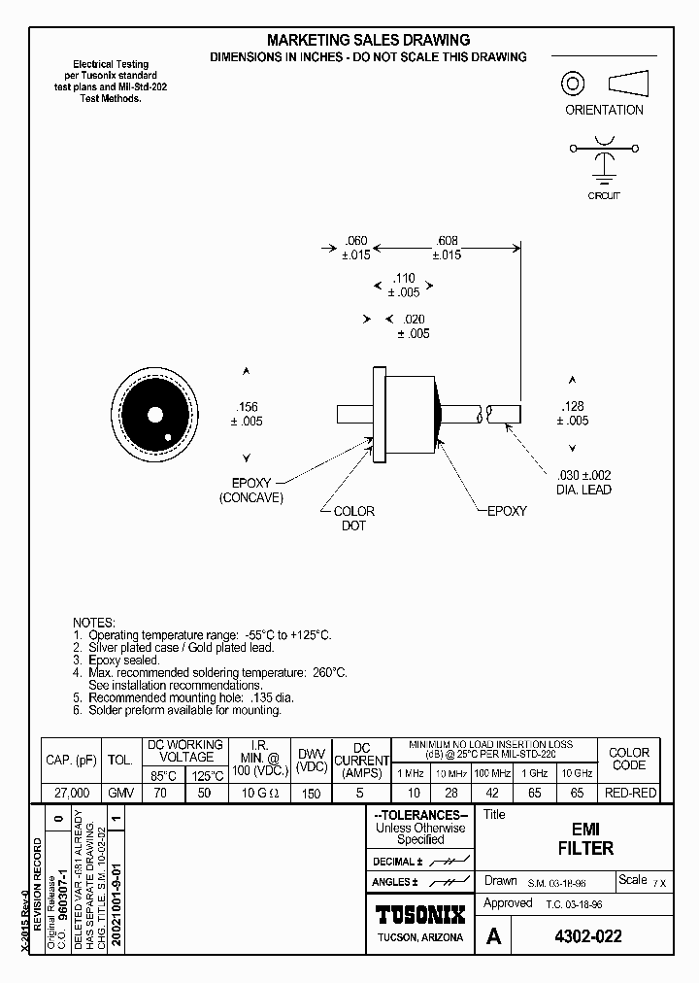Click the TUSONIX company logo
(x=420, y=914)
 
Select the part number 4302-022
(x=586, y=937)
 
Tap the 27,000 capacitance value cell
(x=67, y=793)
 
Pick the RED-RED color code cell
(x=629, y=793)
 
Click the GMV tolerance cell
(x=121, y=793)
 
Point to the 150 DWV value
(x=310, y=793)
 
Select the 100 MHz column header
(x=492, y=773)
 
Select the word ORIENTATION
(x=604, y=110)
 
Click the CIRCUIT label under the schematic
(x=604, y=195)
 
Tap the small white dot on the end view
(x=169, y=437)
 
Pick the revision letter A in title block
(x=494, y=937)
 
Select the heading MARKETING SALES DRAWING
(x=369, y=40)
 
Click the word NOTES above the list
(x=94, y=622)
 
